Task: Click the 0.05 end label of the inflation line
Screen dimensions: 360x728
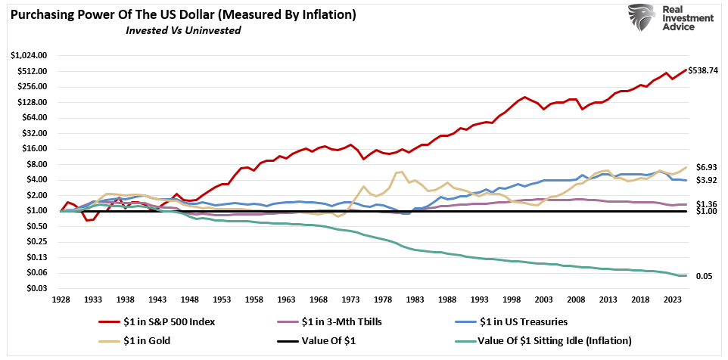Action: pos(703,277)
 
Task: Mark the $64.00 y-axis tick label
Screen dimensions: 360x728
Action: pos(34,118)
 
